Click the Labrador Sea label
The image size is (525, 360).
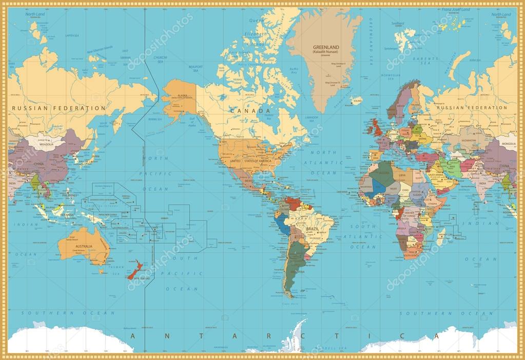313,117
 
